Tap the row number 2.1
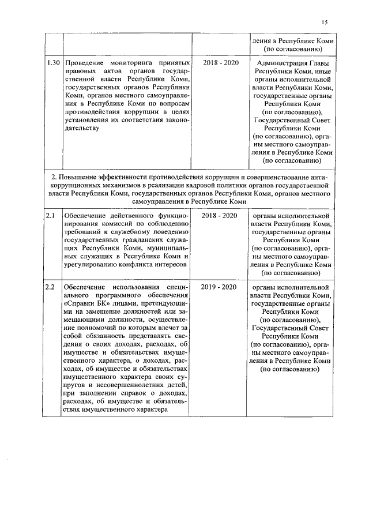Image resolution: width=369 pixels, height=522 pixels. (x=51, y=216)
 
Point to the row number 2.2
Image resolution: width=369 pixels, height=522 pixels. (x=51, y=287)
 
